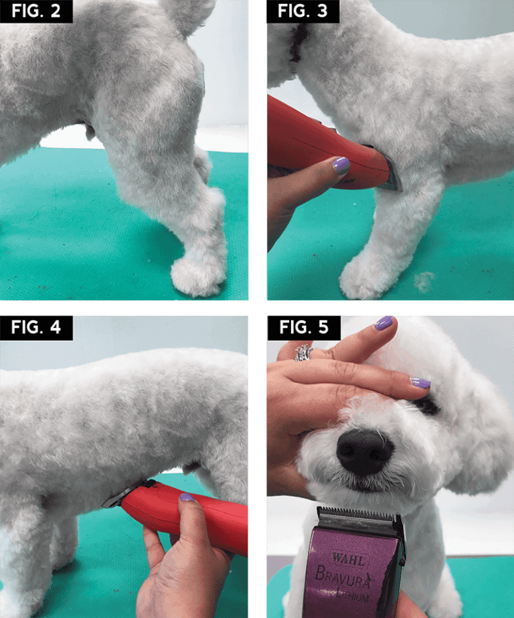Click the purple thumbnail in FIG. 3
[341, 165]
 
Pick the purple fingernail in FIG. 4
[187, 497]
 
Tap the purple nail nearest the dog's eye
[420, 383]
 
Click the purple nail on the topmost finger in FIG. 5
[383, 323]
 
